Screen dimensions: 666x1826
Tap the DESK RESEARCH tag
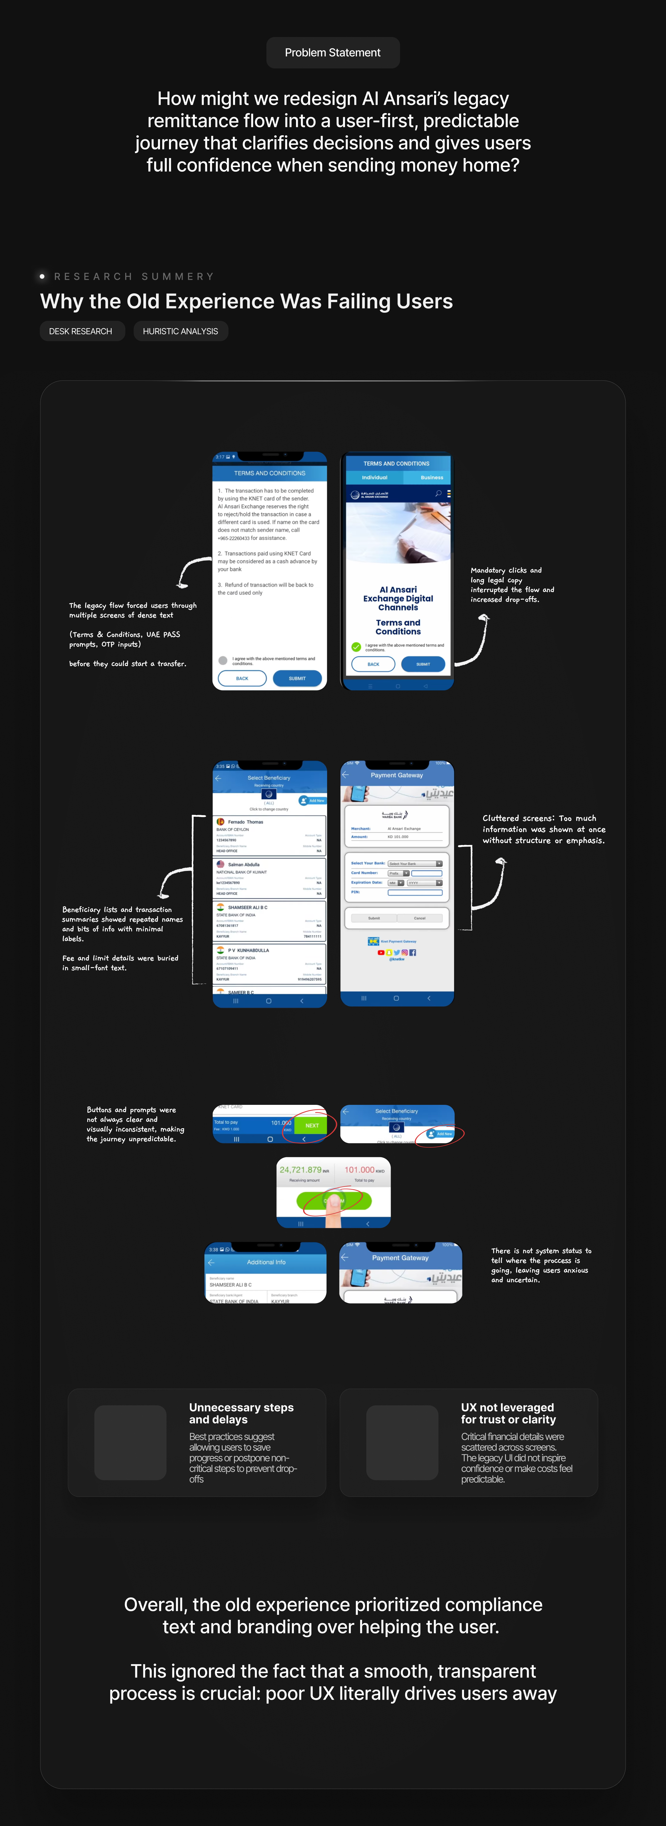click(x=81, y=331)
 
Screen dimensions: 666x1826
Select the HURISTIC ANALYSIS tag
click(x=180, y=331)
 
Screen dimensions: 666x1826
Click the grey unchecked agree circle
click(x=223, y=661)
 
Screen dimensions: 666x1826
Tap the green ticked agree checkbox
click(x=356, y=647)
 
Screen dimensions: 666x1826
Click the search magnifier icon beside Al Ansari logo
click(x=438, y=493)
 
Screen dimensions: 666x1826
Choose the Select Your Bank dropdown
click(x=415, y=863)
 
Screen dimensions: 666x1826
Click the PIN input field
click(x=415, y=893)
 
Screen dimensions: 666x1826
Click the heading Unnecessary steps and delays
click(x=241, y=1413)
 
